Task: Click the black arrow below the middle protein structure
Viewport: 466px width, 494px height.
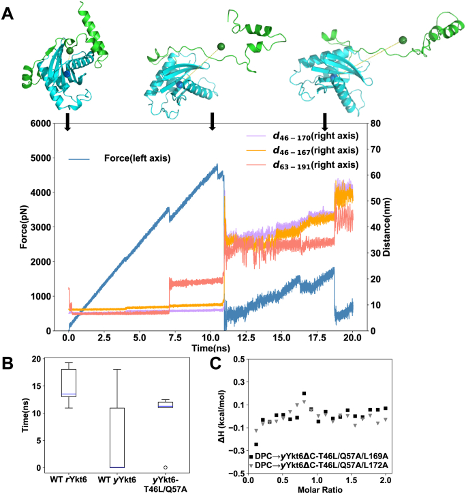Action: pyautogui.click(x=213, y=120)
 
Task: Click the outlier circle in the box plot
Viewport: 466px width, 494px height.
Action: pyautogui.click(x=166, y=467)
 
